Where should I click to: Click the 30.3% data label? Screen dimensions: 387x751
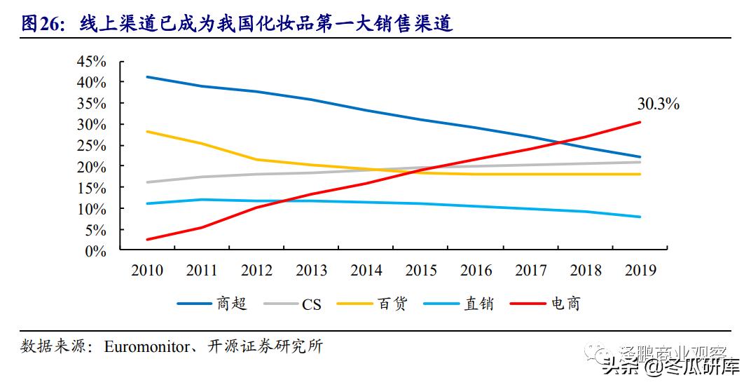[x=658, y=104]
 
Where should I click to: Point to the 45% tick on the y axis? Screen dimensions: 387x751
[x=92, y=62]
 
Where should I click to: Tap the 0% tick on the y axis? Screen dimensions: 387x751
[x=95, y=251]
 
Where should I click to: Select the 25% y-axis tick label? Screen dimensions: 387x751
[x=92, y=146]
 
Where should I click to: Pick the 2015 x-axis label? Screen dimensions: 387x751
[x=421, y=271]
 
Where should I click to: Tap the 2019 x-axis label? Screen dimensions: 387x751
[x=640, y=271]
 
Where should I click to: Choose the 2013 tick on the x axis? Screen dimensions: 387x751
[x=311, y=271]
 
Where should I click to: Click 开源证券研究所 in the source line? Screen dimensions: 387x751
[x=263, y=346]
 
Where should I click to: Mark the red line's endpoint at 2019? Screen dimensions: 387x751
[x=640, y=122]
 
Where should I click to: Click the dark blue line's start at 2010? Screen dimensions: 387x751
[x=147, y=77]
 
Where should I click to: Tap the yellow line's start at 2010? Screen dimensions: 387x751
[x=147, y=131]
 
